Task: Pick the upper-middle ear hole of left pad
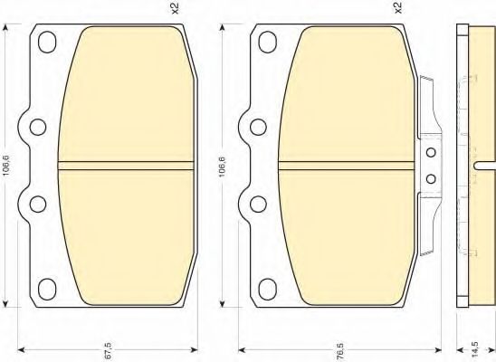[36, 128]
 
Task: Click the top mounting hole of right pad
[267, 42]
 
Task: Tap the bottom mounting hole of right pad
[267, 291]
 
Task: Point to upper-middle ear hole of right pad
[256, 128]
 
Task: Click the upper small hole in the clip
[431, 153]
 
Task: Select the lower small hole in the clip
[431, 178]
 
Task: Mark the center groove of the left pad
[126, 166]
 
